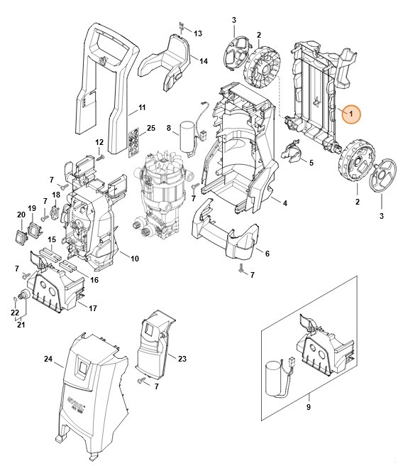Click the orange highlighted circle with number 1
pos(350,114)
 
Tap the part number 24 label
pos(48,359)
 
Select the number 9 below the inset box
pos(309,407)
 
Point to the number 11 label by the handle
pos(142,107)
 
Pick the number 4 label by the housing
pos(285,204)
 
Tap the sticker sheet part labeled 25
pos(133,142)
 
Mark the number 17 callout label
pos(92,308)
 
